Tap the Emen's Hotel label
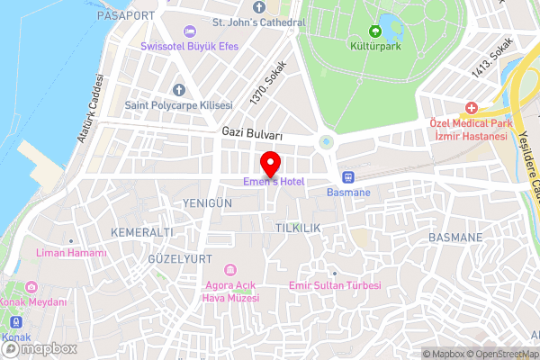point(272,183)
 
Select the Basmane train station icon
point(348,176)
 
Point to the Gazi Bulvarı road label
point(252,134)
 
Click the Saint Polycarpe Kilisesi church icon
point(178,91)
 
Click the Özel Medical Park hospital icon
point(471,107)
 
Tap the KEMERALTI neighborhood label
point(141,232)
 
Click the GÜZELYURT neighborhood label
point(180,258)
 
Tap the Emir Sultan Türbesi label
point(335,285)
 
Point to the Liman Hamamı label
point(71,253)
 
